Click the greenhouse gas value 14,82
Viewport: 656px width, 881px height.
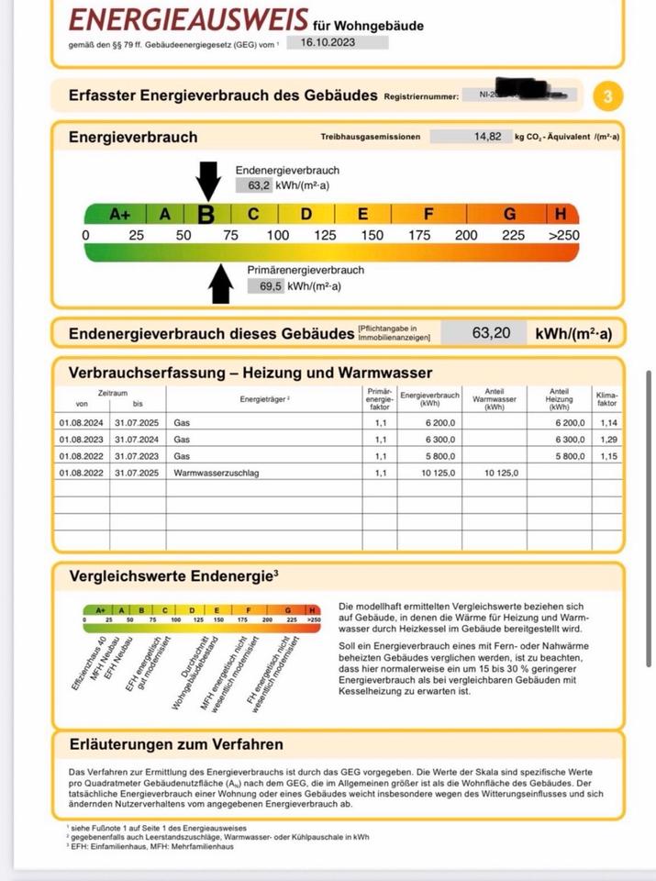click(486, 137)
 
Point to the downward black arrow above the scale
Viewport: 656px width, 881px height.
click(208, 180)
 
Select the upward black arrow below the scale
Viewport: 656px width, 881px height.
click(220, 283)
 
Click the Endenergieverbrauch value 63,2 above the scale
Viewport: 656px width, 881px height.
click(260, 185)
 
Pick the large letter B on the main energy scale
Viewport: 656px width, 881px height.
click(206, 215)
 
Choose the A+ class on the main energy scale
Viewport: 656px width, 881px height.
click(120, 215)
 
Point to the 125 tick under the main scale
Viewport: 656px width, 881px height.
click(325, 236)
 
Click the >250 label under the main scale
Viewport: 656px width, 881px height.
click(563, 236)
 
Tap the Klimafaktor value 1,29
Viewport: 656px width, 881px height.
click(607, 440)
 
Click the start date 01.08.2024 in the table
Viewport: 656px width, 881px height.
click(83, 423)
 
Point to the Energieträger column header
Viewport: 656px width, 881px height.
click(264, 399)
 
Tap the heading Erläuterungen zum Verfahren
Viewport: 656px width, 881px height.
click(176, 744)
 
